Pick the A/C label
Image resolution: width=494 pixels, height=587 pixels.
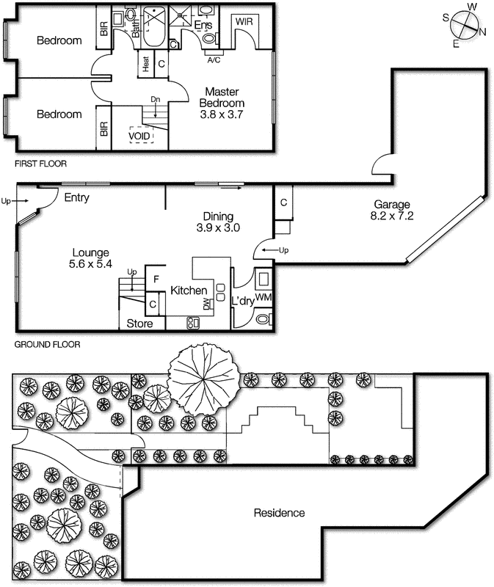tap(214, 59)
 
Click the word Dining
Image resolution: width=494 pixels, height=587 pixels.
tap(218, 216)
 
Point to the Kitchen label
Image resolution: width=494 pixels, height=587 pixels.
tap(189, 291)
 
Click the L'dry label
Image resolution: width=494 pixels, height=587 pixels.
tap(242, 302)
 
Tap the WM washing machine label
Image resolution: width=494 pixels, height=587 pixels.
tap(264, 296)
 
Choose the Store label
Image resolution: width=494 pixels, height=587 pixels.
tap(140, 323)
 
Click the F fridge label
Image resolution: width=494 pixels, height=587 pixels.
tap(155, 279)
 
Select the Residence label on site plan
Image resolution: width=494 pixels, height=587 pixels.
tap(279, 513)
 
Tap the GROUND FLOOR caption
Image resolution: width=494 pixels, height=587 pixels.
tap(47, 343)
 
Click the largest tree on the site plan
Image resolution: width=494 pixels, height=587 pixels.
tap(203, 379)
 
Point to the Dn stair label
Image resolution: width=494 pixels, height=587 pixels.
tap(155, 99)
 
